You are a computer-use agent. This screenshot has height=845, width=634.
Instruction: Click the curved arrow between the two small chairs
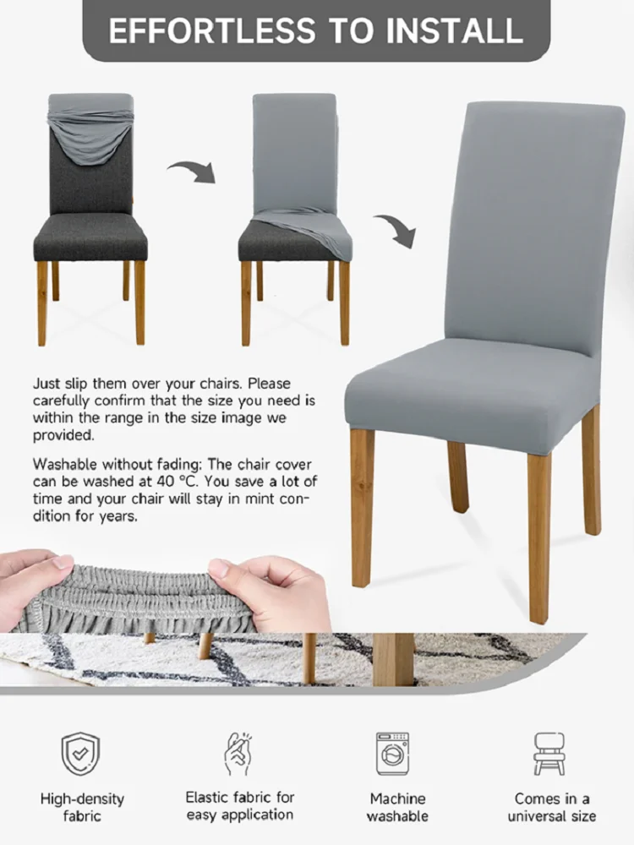click(x=193, y=172)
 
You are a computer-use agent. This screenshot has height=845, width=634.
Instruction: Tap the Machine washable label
click(x=397, y=807)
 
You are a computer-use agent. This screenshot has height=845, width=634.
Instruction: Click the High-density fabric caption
click(x=82, y=807)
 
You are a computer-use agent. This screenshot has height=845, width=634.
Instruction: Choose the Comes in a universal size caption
click(x=552, y=807)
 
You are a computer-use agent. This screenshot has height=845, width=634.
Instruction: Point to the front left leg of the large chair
click(x=362, y=507)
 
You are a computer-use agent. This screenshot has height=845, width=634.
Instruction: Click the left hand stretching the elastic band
click(x=34, y=583)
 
